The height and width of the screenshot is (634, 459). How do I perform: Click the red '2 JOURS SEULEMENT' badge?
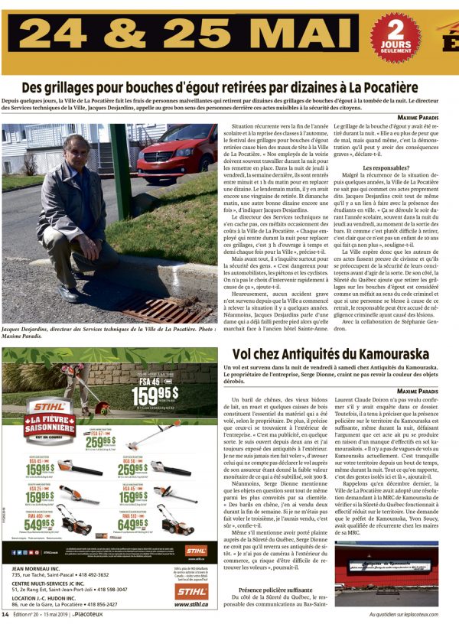[395, 35]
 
